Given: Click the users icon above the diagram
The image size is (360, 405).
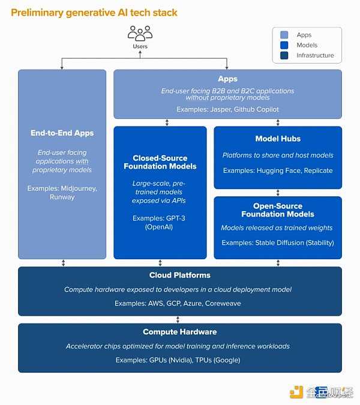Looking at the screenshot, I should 140,33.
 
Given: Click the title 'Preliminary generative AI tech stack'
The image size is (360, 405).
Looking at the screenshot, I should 94,12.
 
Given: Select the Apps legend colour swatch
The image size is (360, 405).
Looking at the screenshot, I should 284,35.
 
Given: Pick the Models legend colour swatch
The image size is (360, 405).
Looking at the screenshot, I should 284,45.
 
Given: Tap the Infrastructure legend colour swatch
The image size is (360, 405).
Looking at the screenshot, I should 284,55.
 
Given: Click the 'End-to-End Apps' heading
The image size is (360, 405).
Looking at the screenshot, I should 62,133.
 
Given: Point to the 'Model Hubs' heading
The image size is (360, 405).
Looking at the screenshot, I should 278,139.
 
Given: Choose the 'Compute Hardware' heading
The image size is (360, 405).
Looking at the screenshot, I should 179,332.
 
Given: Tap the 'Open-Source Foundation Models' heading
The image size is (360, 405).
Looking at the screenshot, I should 278,210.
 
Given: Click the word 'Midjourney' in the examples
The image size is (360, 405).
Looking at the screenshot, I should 79,188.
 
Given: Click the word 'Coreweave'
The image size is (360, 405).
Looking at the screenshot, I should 223,304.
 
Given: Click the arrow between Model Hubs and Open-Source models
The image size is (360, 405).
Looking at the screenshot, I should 278,193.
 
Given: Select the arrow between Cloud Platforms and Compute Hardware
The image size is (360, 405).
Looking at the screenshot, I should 179,320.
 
